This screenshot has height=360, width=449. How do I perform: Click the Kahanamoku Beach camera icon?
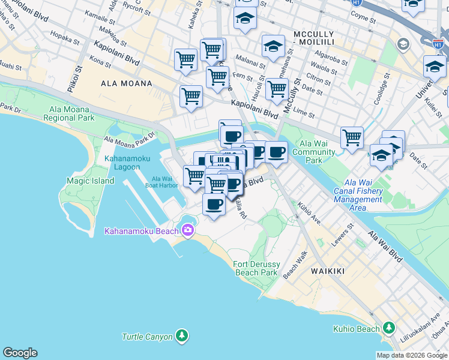point(188,230)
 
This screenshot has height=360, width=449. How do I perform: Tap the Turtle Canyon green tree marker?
point(181,336)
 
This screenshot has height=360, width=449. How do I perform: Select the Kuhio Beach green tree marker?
point(390,328)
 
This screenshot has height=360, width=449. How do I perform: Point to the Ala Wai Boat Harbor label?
point(165,182)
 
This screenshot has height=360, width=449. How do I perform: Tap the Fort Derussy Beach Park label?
point(255,268)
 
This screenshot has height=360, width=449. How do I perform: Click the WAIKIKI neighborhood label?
point(328,271)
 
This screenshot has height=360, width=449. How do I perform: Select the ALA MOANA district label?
point(127,83)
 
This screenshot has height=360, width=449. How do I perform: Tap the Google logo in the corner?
point(20,353)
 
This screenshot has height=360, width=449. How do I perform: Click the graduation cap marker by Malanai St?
point(273,46)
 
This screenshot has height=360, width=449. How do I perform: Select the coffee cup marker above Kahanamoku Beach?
point(214,205)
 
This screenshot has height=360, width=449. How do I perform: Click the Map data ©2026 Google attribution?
point(412,355)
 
